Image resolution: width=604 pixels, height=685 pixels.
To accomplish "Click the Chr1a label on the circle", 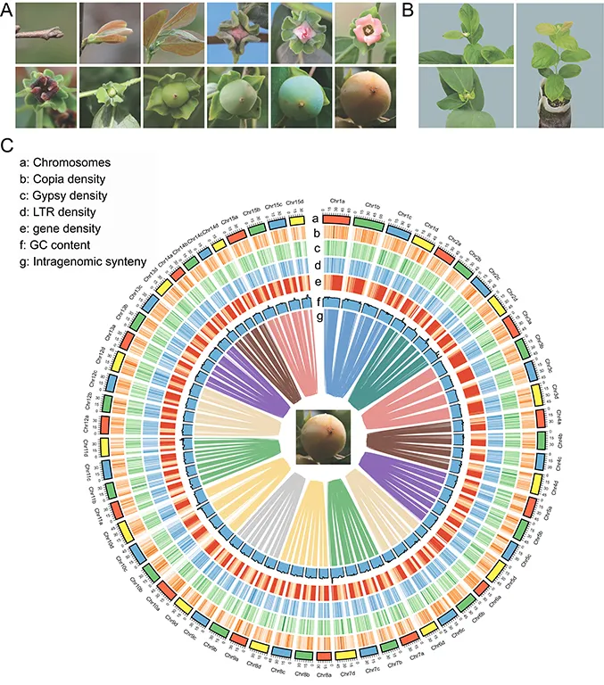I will click(x=338, y=202).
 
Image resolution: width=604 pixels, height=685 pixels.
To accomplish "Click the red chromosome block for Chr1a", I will click(x=335, y=219).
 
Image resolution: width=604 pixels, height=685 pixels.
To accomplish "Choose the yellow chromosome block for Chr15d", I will click(x=297, y=219).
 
